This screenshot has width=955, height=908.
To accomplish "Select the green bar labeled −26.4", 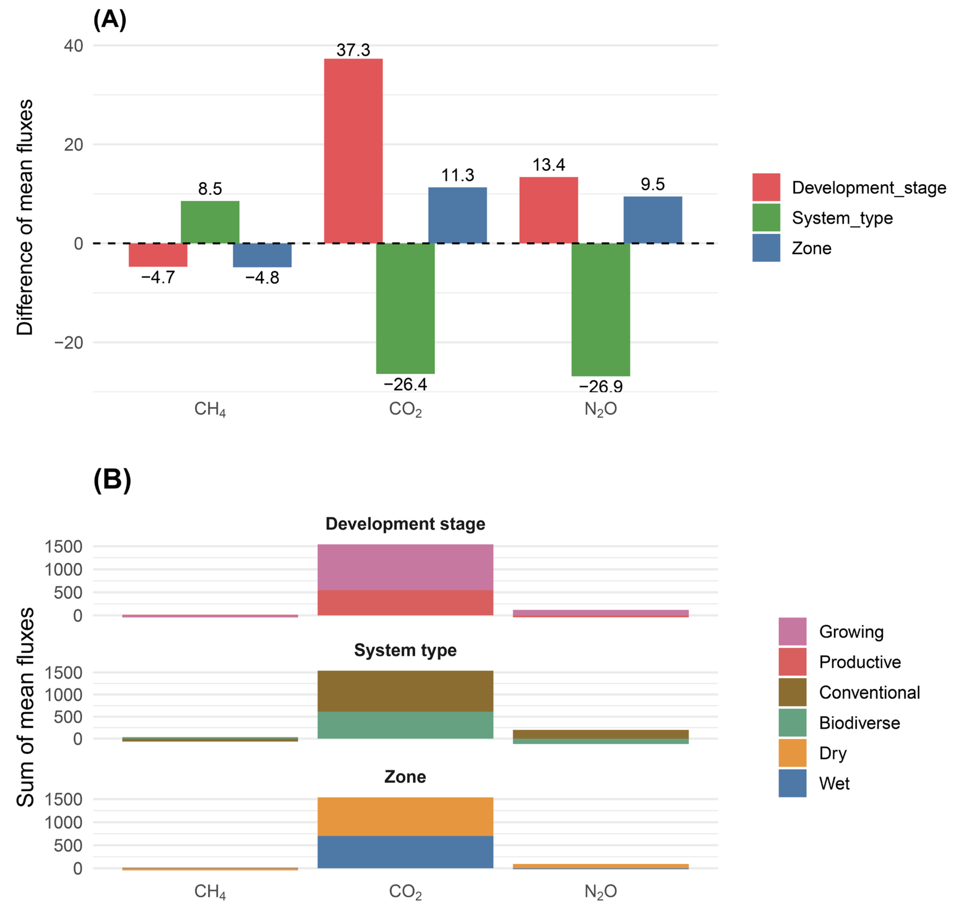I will coord(405,308).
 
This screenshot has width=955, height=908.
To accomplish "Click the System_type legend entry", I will coord(842,218).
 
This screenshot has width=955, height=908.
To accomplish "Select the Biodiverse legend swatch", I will coord(792,723).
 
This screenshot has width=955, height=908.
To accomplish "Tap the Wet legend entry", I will coord(834,783).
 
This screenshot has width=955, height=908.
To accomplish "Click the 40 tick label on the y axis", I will coord(73,46).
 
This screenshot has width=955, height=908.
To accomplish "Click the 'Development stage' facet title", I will coord(405,524).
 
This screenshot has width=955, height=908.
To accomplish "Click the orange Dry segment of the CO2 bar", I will coord(405,816).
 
